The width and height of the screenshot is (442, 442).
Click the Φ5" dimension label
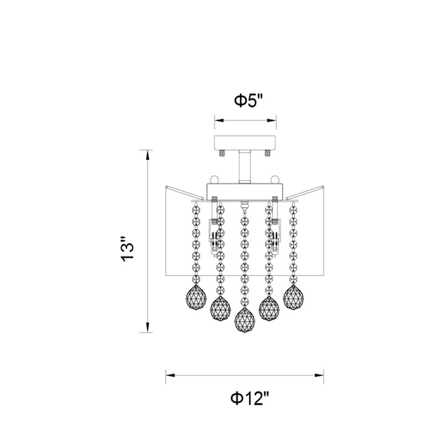[x=249, y=101]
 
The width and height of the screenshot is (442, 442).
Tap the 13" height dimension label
[x=127, y=249]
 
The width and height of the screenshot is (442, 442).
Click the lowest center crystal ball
[x=245, y=319]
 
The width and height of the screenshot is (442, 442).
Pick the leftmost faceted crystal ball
[x=196, y=297]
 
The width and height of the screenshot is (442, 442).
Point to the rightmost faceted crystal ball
[x=293, y=297]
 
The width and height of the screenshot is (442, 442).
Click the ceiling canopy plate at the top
[x=245, y=143]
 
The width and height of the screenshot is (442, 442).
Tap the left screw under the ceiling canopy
[x=223, y=154]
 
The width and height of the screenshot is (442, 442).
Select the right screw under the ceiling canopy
[x=267, y=154]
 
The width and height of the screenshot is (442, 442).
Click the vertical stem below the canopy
[x=245, y=167]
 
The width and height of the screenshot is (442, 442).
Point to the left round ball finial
[x=214, y=180]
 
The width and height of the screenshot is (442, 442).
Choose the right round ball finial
[x=275, y=180]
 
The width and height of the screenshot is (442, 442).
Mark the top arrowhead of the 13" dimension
[x=147, y=155]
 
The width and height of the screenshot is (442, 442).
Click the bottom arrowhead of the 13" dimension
[x=147, y=328]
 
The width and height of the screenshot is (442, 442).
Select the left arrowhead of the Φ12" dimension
[x=171, y=376]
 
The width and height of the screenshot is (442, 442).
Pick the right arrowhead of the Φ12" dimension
[x=319, y=376]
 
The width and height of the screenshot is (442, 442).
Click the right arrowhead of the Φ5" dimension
[x=271, y=120]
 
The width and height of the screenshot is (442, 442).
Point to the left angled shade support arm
[x=185, y=192]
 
